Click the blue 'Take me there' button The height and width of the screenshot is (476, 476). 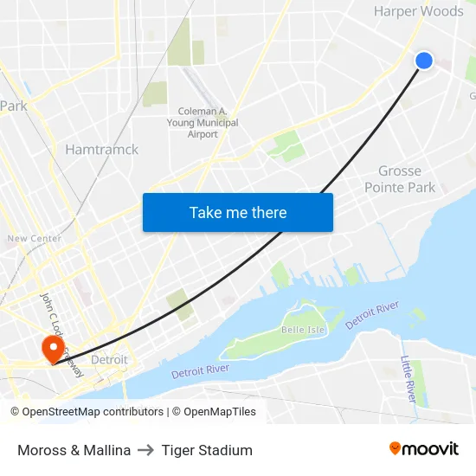pos(238,212)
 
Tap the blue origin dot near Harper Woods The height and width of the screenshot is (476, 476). pos(424,60)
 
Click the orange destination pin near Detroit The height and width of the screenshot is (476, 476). pos(52,349)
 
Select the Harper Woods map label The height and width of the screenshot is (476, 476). pos(418,11)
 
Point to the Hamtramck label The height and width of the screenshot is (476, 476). pos(101,149)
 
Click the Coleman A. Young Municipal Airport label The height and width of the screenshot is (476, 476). pos(203,123)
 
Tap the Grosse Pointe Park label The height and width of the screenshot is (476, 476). pos(399,179)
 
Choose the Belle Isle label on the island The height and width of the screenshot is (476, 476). pos(301,331)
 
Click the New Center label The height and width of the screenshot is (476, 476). pos(34,238)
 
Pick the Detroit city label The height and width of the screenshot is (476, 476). pos(109,359)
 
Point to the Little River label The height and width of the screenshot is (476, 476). pos(408,379)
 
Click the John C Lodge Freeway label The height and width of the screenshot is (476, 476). pos(62,334)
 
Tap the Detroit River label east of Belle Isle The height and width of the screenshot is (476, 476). pos(372,314)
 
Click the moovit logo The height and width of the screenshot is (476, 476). pos(423,448)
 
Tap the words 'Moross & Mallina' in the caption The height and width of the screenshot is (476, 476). pos(74,450)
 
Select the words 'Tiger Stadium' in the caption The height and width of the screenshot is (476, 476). pos(207,450)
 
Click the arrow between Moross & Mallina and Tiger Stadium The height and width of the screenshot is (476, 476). pos(145,450)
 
